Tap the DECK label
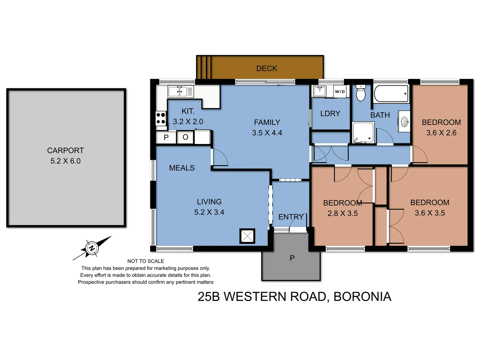pyautogui.click(x=267, y=68)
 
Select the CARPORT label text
pyautogui.click(x=65, y=150)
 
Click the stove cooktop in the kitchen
pyautogui.click(x=161, y=118)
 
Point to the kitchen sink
pyautogui.click(x=177, y=91)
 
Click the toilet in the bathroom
pyautogui.click(x=361, y=93)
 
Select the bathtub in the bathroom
pyautogui.click(x=391, y=94)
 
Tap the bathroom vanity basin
pyautogui.click(x=405, y=122)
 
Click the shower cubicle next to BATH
pyautogui.click(x=363, y=133)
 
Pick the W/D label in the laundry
pyautogui.click(x=340, y=92)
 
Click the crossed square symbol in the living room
pyautogui.click(x=247, y=236)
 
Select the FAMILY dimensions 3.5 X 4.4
pyautogui.click(x=267, y=133)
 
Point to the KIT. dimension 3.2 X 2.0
pyautogui.click(x=188, y=122)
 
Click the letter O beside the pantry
pyautogui.click(x=185, y=137)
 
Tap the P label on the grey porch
pyautogui.click(x=292, y=258)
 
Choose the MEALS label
pyautogui.click(x=182, y=168)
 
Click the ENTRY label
pyautogui.click(x=291, y=217)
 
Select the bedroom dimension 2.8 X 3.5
pyautogui.click(x=343, y=213)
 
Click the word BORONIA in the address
pyautogui.click(x=362, y=296)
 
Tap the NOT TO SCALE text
pyautogui.click(x=146, y=261)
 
